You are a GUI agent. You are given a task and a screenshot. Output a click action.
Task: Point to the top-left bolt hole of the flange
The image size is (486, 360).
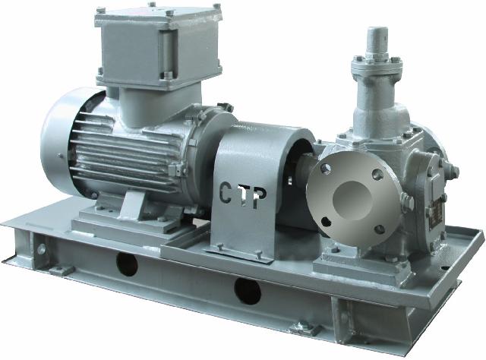click(326, 169)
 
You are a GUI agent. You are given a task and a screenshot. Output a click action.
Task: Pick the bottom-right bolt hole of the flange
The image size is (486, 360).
click(380, 229)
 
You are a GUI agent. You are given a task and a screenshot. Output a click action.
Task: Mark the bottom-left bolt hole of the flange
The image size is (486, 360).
click(326, 221)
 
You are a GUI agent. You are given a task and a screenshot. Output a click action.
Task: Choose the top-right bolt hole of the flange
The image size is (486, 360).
click(377, 175)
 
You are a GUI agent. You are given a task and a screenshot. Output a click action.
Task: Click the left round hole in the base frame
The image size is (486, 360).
click(127, 264)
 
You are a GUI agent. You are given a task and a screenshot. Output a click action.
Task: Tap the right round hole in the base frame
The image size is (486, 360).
click(248, 292)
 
